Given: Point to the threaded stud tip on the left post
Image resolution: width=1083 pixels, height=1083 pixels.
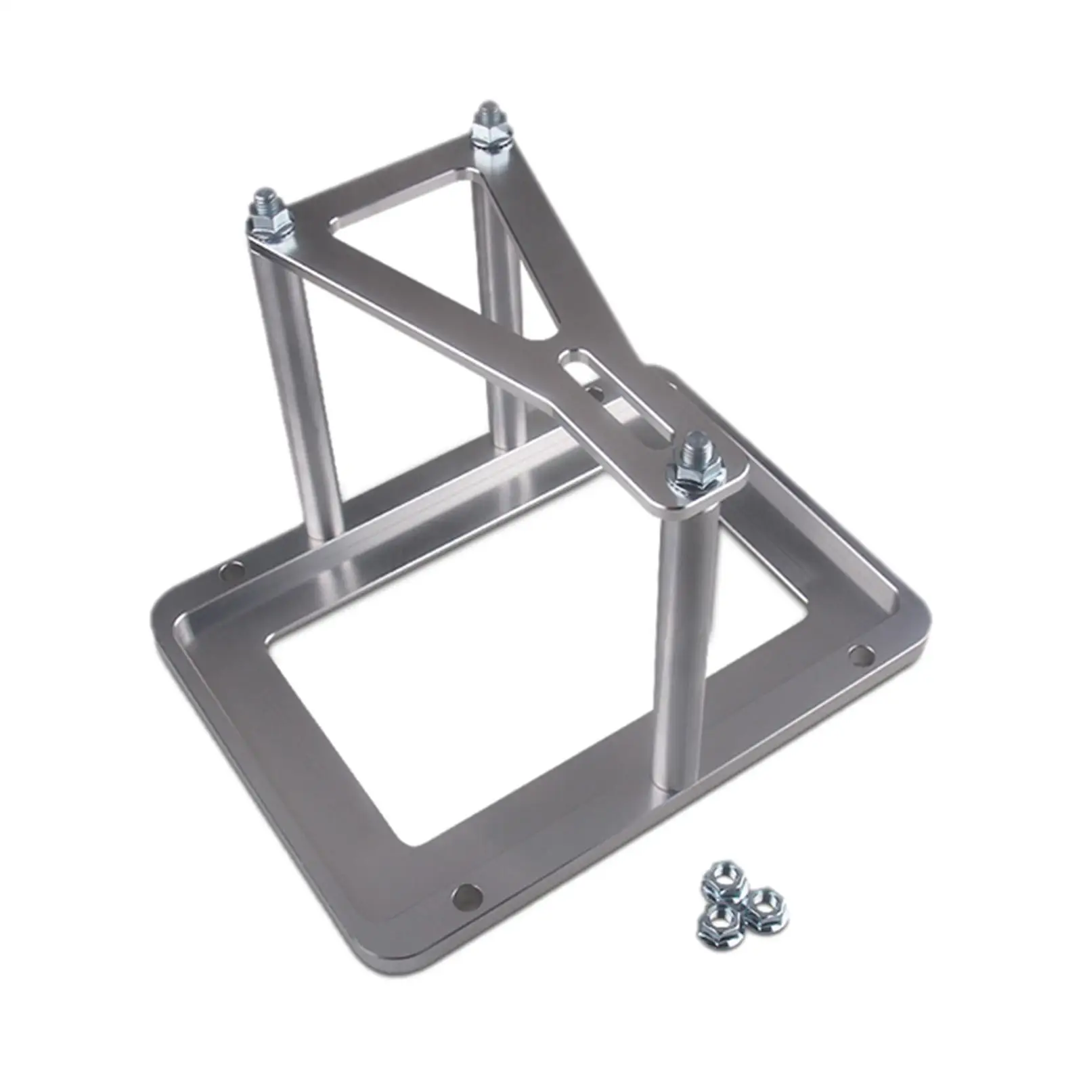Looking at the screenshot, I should coord(265,196).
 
